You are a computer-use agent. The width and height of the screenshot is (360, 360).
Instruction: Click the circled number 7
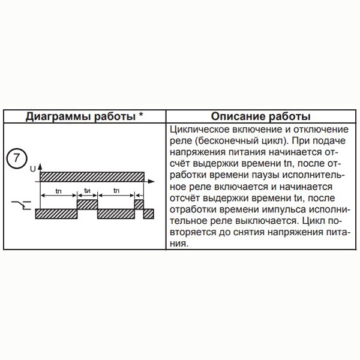click(x=16, y=160)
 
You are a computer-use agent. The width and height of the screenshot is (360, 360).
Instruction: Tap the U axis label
click(x=32, y=171)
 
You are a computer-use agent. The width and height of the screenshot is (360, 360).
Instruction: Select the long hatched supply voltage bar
click(x=92, y=176)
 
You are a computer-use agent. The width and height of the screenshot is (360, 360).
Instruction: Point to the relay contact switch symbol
click(x=19, y=208)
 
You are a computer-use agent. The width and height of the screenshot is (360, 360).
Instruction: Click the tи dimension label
click(x=88, y=190)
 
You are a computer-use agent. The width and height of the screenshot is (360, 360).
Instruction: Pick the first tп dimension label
click(x=58, y=190)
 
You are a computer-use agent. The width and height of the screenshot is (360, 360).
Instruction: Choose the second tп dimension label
click(x=116, y=190)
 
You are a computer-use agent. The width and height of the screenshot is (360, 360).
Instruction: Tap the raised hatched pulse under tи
click(x=87, y=205)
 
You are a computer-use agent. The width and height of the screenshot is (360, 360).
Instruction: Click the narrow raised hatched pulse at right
click(x=139, y=205)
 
